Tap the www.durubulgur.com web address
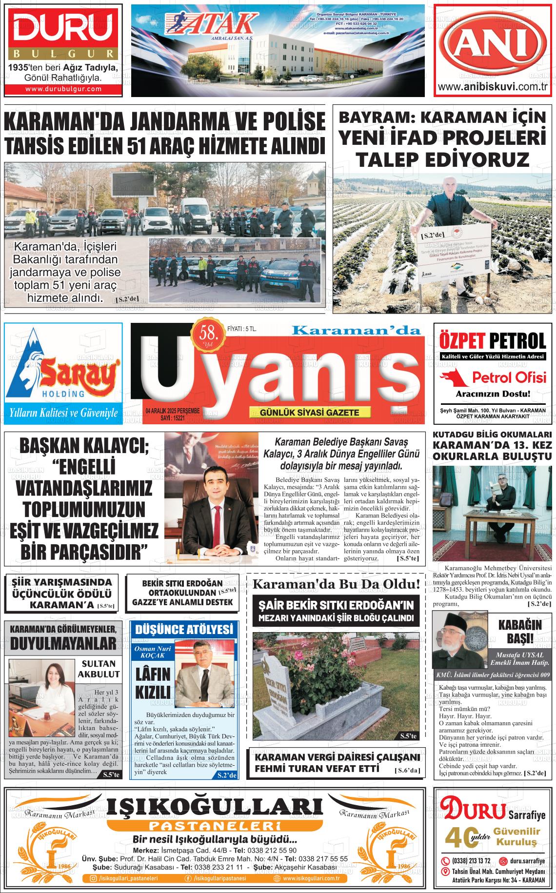pos(63,89)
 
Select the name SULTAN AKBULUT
pos(98,669)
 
